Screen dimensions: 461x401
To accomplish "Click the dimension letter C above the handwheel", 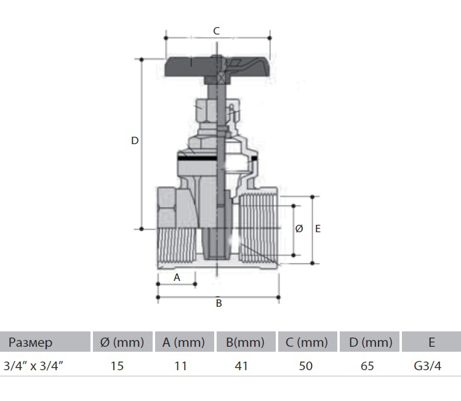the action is [216, 31].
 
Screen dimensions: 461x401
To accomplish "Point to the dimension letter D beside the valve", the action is [135, 140].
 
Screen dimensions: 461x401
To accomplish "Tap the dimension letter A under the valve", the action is [177, 277].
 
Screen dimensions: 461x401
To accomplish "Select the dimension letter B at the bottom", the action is [218, 303].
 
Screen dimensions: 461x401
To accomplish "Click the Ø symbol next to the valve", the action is [299, 229].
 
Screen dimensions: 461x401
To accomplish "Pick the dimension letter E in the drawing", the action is [318, 229].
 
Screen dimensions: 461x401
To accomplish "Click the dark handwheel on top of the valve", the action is [217, 68].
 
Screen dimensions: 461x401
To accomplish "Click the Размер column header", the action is [30, 342].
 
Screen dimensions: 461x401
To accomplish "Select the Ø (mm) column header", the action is [122, 342].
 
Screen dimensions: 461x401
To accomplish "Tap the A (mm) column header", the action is [183, 342].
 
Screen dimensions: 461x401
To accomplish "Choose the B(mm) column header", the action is [245, 342].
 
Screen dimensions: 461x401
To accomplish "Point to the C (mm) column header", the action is [307, 342].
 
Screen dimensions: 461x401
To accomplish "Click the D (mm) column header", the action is [371, 342].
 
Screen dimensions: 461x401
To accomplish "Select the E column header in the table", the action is [431, 342].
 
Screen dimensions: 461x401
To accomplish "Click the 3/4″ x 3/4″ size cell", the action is [33, 366].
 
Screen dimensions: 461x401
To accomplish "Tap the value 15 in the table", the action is [117, 366].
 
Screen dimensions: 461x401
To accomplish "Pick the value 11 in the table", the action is [180, 366].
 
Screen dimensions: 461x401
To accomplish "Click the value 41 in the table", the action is [241, 366].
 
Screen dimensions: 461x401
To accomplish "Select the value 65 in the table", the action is [367, 366].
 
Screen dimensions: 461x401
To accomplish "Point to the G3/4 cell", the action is [428, 366].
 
